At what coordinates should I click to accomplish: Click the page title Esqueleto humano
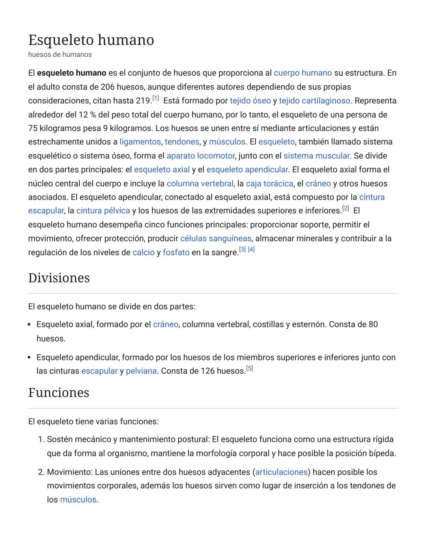[x=91, y=40]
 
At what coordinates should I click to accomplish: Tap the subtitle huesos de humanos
[x=60, y=54]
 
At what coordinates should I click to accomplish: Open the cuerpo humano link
[x=303, y=73]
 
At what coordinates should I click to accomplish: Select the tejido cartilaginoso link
[x=314, y=101]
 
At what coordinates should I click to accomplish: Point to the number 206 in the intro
[x=107, y=87]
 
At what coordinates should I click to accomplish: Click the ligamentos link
[x=140, y=142]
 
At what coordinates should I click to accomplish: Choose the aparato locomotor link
[x=201, y=156]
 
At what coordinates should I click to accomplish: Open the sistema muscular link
[x=316, y=156]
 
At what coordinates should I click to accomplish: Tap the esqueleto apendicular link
[x=247, y=170]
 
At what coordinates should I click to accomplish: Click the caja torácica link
[x=269, y=183]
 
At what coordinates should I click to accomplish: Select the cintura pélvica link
[x=103, y=211]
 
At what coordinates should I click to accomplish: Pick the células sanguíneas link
[x=216, y=238]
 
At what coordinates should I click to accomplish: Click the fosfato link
[x=176, y=252]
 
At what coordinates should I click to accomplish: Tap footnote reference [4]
[x=251, y=249]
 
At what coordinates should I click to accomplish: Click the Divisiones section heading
[x=59, y=278]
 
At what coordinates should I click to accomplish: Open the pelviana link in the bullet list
[x=141, y=371]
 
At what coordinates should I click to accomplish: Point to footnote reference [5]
[x=249, y=368]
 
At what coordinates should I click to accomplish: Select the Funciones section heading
[x=59, y=392]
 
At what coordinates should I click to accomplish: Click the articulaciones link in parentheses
[x=281, y=472]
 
